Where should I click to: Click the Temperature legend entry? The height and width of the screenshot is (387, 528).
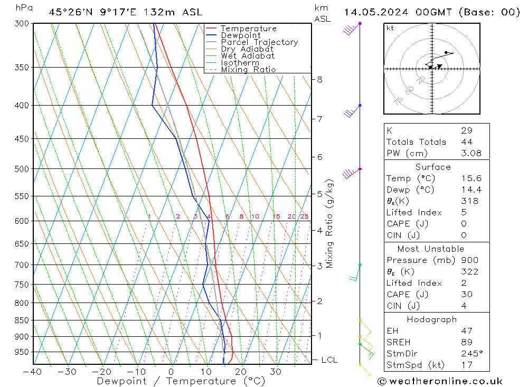(x=248, y=29)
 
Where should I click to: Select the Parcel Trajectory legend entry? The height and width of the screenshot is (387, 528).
(x=259, y=42)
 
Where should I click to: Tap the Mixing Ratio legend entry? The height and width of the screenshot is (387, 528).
(x=248, y=70)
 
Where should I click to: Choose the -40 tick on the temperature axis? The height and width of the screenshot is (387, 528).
(x=32, y=371)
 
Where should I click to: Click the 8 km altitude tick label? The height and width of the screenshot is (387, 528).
(x=319, y=80)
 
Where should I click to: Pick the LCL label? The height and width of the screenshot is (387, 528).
(x=329, y=360)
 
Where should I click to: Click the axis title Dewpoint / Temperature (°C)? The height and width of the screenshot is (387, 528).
(x=181, y=381)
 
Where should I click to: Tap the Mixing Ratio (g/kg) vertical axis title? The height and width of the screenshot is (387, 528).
(x=330, y=223)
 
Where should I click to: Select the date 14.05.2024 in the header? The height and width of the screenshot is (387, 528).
(x=374, y=12)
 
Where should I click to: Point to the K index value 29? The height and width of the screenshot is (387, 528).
(x=466, y=130)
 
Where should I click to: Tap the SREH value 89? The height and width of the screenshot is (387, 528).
(x=466, y=342)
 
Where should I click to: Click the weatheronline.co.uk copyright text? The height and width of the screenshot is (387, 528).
(x=440, y=381)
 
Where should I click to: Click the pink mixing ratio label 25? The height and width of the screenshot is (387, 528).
(x=304, y=216)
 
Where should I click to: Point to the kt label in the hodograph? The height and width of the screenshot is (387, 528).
(x=390, y=28)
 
